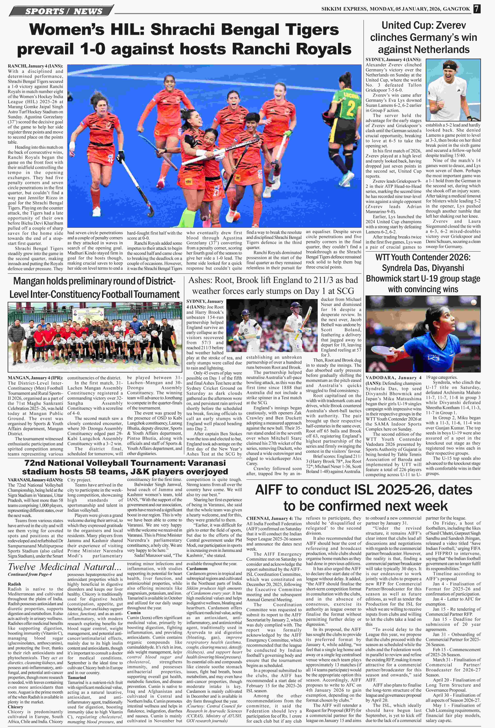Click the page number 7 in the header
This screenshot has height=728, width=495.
476,9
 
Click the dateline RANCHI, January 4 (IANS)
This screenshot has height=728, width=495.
35,66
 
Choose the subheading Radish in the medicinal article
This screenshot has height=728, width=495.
14,584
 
